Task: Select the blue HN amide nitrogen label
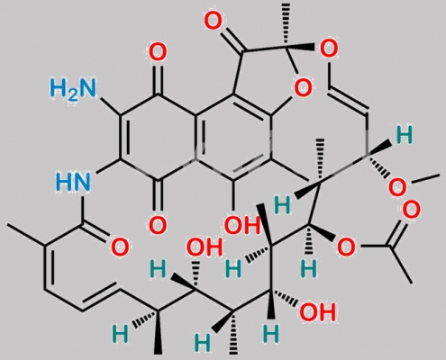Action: [73, 182]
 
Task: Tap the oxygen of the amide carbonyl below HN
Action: [120, 247]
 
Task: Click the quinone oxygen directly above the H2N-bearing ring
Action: [158, 52]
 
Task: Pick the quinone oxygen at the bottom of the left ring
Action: [158, 225]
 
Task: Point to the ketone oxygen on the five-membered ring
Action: [214, 21]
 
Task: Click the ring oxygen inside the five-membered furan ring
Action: [303, 87]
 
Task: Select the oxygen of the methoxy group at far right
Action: [397, 187]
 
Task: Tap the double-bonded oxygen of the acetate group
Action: [411, 210]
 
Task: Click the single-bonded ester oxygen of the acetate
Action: [346, 247]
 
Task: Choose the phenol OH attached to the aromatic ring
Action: [241, 226]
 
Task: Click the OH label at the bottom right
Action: [317, 312]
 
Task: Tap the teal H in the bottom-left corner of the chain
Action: [120, 333]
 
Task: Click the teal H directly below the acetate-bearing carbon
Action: [309, 268]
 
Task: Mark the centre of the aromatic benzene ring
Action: [233, 137]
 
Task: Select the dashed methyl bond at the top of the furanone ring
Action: [287, 25]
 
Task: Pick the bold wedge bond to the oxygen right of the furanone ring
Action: [301, 47]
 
